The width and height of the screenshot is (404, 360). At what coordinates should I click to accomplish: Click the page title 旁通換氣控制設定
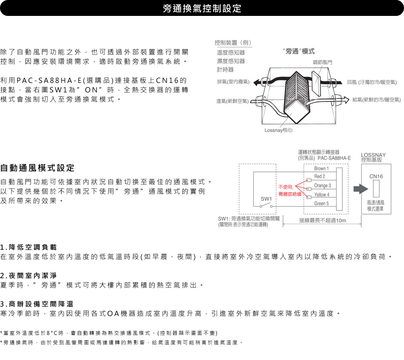point(202,8)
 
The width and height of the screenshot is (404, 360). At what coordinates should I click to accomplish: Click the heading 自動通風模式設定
point(37,168)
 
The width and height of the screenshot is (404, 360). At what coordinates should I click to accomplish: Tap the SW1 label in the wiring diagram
point(266,199)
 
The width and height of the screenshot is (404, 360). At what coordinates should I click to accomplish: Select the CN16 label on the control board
point(376,176)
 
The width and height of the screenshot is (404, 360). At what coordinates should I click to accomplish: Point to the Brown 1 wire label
point(321,169)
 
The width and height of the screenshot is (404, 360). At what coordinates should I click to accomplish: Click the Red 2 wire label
point(319,176)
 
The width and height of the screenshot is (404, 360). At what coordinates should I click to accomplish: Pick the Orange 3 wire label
point(322,186)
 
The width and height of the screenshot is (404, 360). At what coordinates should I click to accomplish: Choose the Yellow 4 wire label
point(321,195)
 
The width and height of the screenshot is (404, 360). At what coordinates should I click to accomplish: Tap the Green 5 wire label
point(321,203)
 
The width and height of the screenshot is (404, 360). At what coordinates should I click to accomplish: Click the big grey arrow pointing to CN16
point(361,189)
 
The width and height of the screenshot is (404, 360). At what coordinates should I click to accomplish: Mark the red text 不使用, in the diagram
point(286,187)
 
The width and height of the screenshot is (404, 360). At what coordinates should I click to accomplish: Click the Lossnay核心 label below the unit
point(278,130)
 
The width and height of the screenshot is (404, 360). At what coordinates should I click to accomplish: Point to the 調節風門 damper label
point(322,62)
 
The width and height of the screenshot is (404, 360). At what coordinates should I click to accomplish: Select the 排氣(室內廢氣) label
point(233,82)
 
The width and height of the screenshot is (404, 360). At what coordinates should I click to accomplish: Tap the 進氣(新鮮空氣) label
point(233,101)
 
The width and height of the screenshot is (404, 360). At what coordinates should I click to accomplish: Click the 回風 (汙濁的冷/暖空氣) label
point(372,82)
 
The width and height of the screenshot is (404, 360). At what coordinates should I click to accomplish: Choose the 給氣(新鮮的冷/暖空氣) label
point(376,100)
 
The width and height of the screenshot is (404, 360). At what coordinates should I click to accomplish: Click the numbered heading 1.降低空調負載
point(28,247)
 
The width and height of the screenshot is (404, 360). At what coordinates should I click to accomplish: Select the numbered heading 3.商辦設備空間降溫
point(37,304)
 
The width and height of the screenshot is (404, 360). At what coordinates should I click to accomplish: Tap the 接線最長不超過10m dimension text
point(322,221)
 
